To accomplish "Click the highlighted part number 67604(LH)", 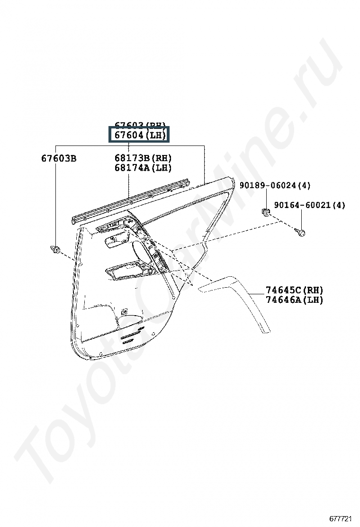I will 138,136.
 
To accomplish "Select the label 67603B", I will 58,158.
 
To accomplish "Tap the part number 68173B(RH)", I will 143,158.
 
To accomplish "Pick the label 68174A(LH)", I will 143,168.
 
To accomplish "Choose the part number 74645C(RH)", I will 294,290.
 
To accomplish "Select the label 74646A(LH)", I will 294,300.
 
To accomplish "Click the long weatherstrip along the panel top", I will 133,200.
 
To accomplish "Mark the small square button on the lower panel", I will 124,311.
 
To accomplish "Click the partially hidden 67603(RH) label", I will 138,126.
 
